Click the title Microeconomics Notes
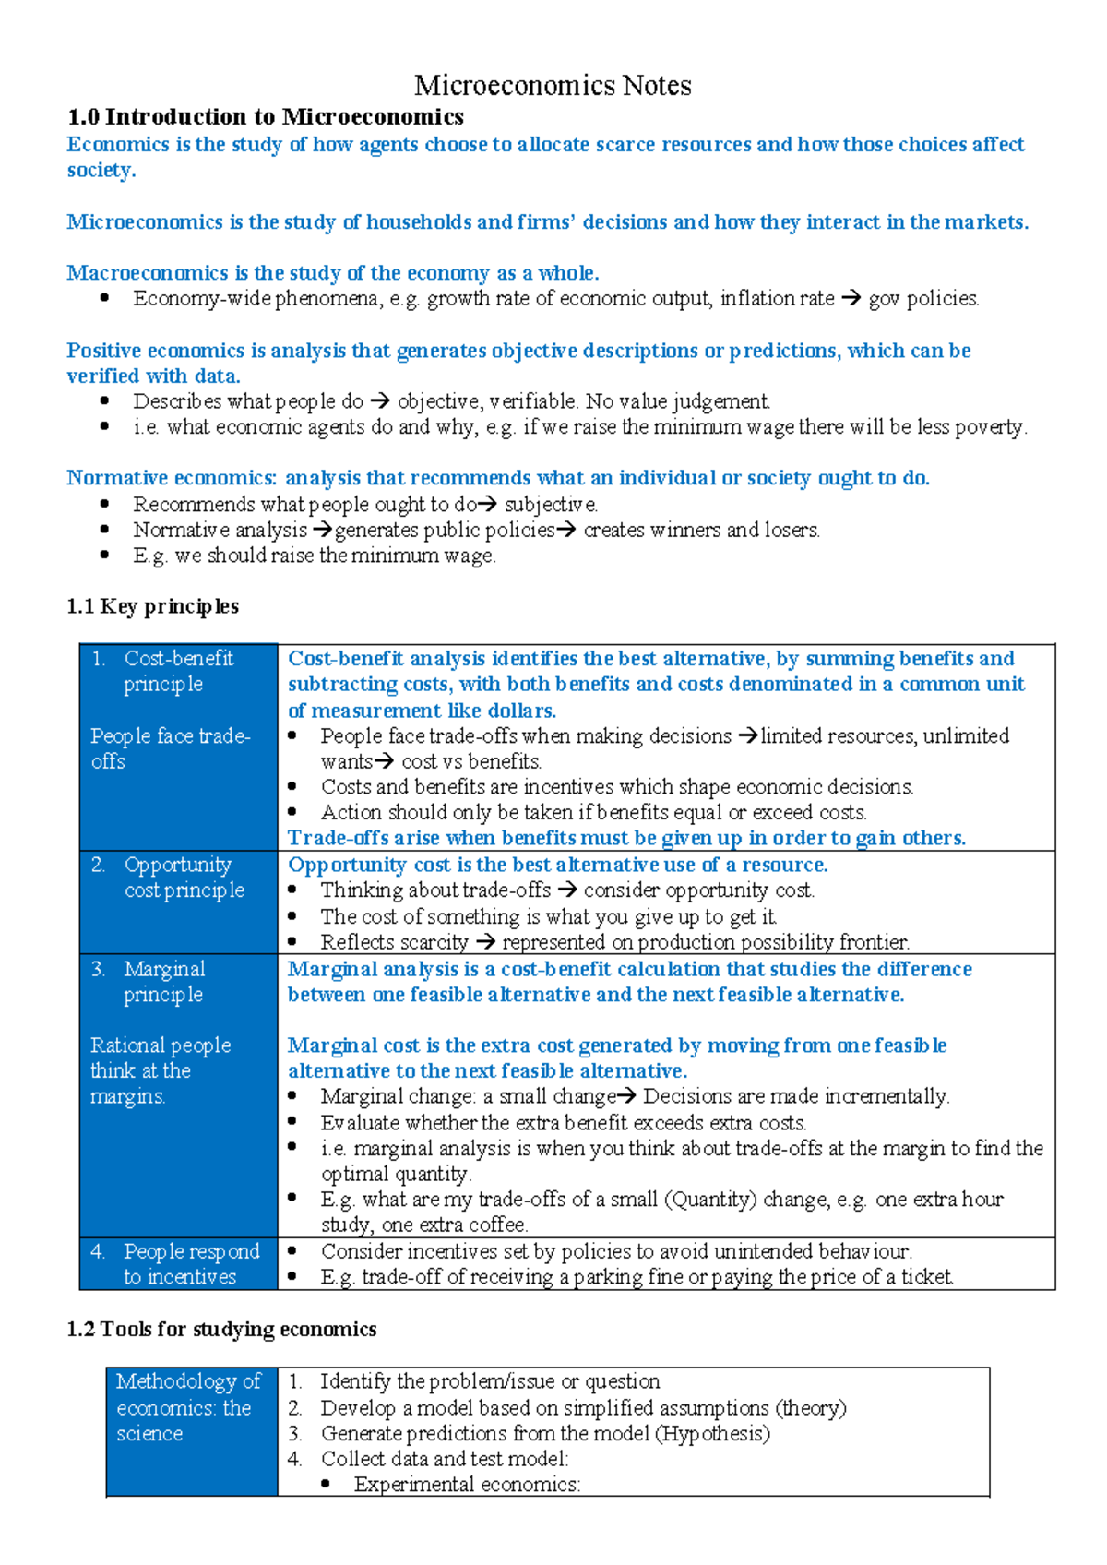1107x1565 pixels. coord(553,86)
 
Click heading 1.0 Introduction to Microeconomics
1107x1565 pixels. coord(266,117)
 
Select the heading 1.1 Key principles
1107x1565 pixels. coord(152,606)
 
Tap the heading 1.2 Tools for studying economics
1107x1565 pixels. coord(221,1329)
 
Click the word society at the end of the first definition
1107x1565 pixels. coord(100,171)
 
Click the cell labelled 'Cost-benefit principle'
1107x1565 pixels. coord(177,671)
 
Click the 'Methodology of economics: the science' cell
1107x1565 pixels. coord(188,1407)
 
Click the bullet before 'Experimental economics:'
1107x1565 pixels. coord(327,1484)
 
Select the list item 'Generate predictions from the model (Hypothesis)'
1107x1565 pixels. coord(544,1433)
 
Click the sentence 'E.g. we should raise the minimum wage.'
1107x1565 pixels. coord(314,556)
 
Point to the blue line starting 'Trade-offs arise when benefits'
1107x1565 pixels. coord(626,838)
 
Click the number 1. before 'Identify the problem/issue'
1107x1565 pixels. coord(294,1381)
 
